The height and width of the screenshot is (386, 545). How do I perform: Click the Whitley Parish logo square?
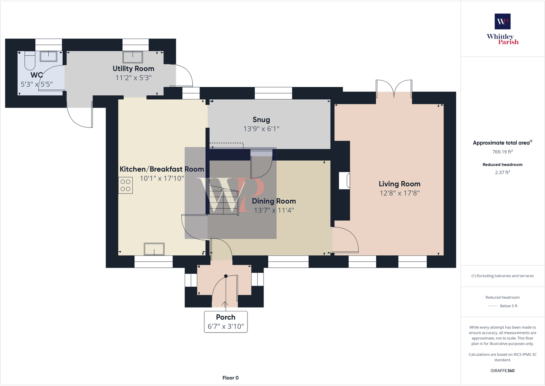point(502,21)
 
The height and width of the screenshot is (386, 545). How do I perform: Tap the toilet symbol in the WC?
point(30,61)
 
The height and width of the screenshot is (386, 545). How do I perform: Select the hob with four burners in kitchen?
point(125,185)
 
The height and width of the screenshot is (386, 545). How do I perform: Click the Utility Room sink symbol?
point(133,57)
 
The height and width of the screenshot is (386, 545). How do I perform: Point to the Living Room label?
point(399,184)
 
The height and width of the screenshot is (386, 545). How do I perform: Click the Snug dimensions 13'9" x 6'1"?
point(261,129)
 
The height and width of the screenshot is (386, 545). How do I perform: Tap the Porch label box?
point(226,322)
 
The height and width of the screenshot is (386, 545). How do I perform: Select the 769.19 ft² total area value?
point(502,152)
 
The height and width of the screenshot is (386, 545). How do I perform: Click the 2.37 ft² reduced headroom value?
point(502,173)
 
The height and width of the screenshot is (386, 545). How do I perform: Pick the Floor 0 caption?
point(230,378)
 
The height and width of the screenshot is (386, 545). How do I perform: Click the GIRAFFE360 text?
point(502,371)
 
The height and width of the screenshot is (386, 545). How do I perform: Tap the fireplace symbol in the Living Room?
point(344,180)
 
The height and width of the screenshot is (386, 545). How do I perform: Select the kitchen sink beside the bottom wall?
point(154,249)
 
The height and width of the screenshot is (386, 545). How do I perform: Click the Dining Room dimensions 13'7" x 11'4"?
point(274,210)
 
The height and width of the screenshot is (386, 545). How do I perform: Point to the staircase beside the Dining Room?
point(223,200)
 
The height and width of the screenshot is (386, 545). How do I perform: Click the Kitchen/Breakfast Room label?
point(162,169)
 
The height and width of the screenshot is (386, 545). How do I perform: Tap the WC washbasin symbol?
point(48,56)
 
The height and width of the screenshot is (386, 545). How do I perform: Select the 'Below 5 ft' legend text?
point(509,306)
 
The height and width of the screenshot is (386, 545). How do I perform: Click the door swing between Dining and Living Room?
point(346,240)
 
